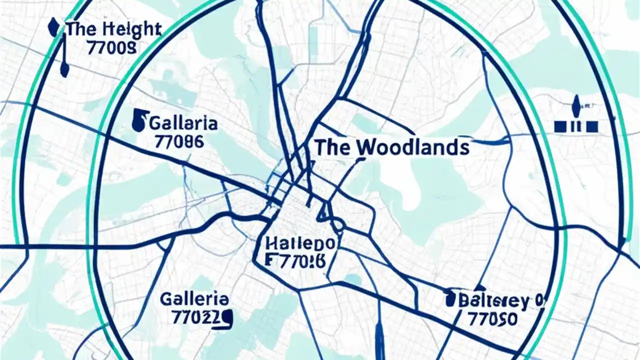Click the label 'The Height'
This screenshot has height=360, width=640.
point(113,29)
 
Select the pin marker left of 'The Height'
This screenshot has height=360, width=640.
point(52,27)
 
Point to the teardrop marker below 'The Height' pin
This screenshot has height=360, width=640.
point(63,70)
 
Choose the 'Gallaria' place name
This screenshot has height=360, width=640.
point(183,123)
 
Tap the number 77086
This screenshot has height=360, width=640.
point(179,141)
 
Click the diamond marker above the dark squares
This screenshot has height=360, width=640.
point(576,105)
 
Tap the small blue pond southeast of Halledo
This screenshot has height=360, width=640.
point(352,280)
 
